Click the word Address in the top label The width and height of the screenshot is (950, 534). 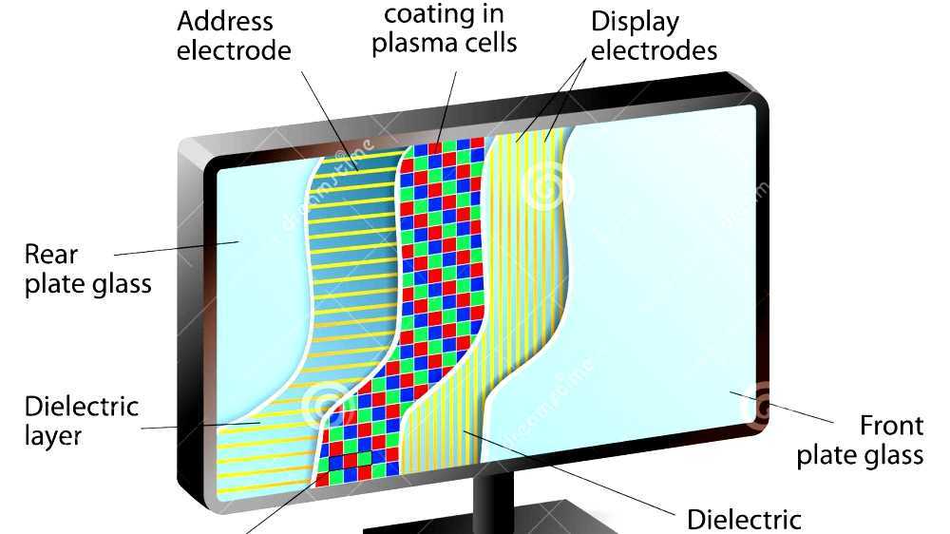224,21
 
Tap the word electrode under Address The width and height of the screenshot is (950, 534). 234,50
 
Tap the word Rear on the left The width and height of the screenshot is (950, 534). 51,254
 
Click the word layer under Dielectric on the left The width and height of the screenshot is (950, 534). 53,436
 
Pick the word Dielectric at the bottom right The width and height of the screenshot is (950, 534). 744,519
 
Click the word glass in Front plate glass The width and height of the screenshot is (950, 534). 888,455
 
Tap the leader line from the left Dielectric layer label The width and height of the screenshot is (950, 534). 199,426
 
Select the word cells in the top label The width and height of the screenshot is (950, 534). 492,44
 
